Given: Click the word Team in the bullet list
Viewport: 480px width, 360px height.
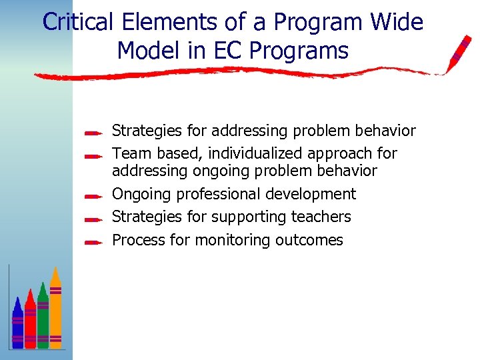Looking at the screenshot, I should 131,153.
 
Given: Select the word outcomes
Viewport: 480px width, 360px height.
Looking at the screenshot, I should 313,240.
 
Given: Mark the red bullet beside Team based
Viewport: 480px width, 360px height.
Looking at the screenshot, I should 93,155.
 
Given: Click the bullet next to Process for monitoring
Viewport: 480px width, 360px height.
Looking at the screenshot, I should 93,241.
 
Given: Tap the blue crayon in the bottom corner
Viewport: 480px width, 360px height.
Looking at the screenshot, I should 17,323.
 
